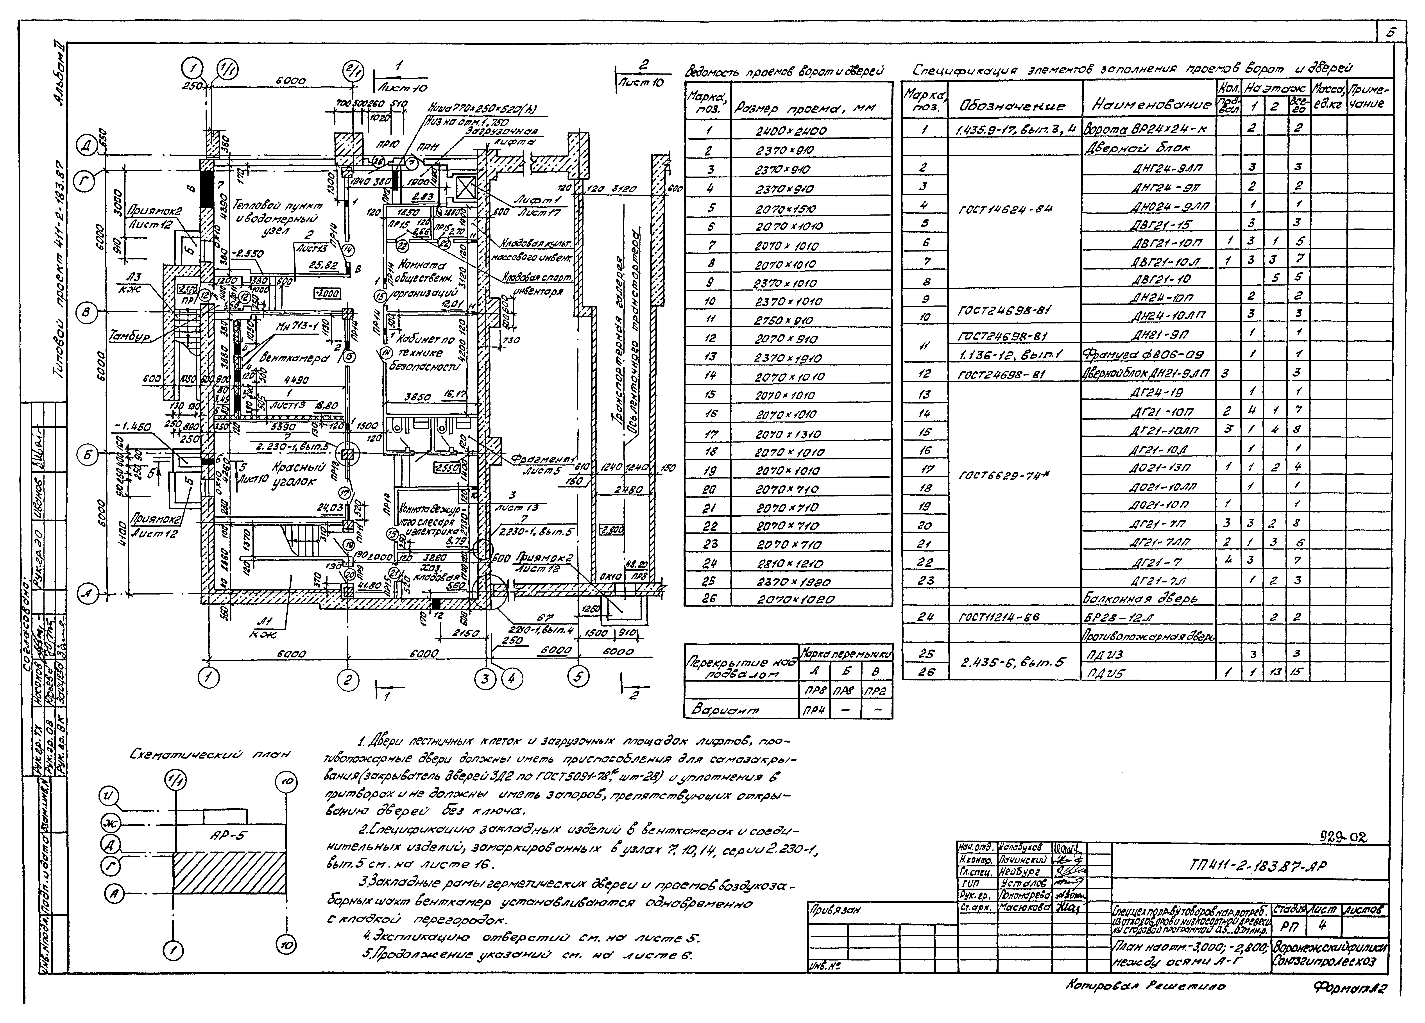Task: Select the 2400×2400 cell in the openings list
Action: tap(790, 131)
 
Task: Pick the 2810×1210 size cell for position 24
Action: tap(790, 563)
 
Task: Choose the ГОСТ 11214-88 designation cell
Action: tap(999, 617)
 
